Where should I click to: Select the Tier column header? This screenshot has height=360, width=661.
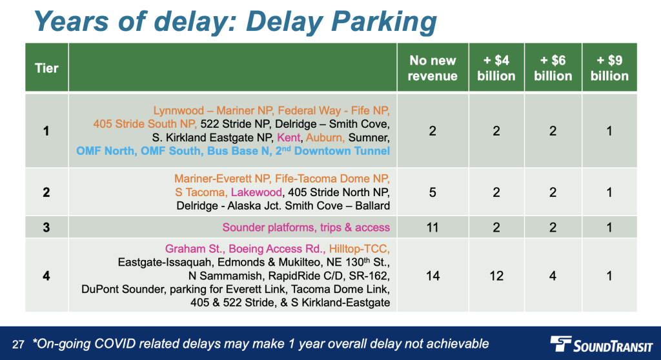46,68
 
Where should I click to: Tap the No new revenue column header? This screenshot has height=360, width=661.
432,68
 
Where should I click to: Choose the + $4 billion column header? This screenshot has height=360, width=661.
496,68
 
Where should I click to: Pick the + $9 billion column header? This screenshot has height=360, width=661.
609,68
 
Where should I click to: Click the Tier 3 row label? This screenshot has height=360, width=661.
46,228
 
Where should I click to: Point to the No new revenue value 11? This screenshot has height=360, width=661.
432,228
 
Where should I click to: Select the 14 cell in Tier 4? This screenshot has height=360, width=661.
432,276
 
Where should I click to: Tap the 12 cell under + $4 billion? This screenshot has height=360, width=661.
496,276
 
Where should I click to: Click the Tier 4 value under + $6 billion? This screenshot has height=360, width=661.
553,276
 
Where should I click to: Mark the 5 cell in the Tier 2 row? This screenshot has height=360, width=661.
432,193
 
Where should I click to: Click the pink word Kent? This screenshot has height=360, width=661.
289,137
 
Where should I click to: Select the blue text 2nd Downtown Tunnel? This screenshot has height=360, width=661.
332,151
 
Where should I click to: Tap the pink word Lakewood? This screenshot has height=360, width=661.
256,192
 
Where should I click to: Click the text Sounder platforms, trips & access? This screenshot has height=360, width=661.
306,228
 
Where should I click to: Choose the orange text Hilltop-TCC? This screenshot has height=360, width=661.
359,249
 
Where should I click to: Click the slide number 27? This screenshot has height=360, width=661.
18,345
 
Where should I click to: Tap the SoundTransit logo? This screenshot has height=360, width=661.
601,344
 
